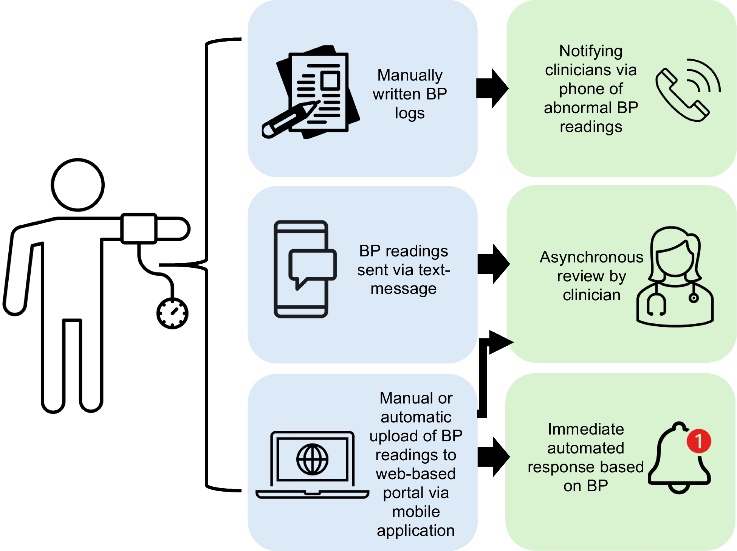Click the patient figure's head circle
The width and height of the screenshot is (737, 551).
coord(78,185)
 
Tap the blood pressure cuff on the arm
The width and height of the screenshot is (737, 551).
coord(139,228)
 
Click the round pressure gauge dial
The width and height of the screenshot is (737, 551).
coord(172,313)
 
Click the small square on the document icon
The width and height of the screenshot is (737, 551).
coord(330,81)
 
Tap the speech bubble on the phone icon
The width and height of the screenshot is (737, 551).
coord(312,266)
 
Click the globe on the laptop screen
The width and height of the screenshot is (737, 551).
coord(312,459)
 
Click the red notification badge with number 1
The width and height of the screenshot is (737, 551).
coord(699,441)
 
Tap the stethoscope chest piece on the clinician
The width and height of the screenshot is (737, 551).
coord(694,298)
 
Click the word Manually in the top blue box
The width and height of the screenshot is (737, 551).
coord(410,75)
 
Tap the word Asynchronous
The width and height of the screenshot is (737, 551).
coord(591,257)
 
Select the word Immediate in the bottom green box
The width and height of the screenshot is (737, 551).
coord(585,429)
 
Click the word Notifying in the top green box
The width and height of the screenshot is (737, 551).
coord(590,51)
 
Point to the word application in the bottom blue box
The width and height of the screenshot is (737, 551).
coord(415,531)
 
